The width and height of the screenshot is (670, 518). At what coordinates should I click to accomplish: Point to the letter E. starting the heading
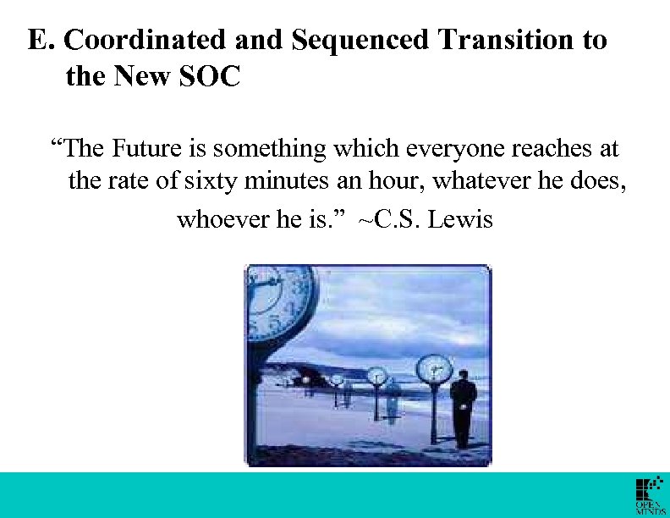[x=40, y=40]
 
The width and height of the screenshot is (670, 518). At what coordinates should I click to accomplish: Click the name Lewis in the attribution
[x=460, y=220]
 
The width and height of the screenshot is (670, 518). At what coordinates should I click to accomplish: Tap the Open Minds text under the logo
[x=651, y=507]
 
